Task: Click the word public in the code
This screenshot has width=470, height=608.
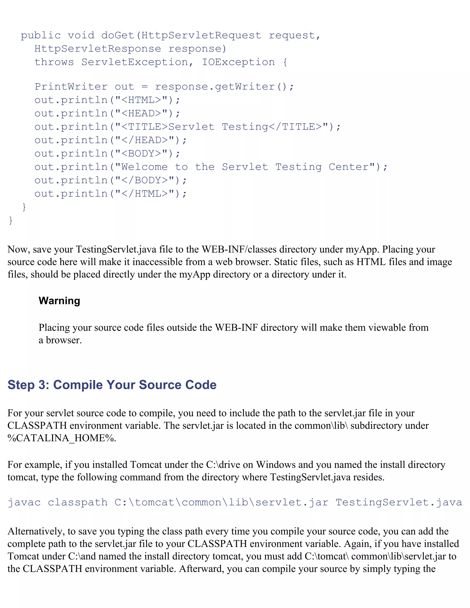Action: [x=41, y=35]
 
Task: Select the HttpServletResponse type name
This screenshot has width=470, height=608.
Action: [x=98, y=49]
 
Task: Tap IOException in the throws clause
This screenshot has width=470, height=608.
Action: [x=238, y=62]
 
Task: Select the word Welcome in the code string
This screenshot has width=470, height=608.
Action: [x=144, y=167]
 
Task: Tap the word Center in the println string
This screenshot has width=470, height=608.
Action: [x=351, y=167]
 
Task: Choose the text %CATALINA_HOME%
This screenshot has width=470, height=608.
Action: [x=62, y=438]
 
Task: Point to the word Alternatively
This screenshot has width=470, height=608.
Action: [x=36, y=531]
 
